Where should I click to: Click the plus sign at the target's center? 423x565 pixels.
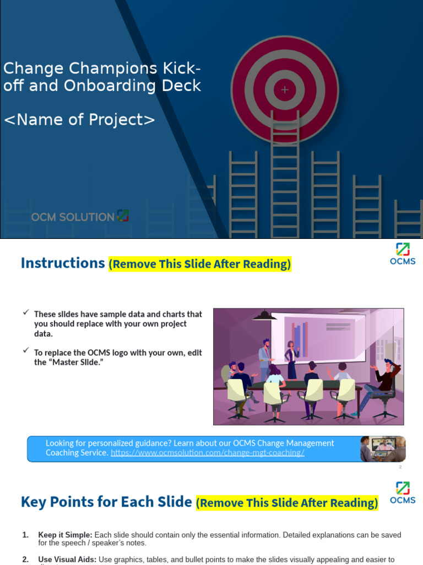pos(284,89)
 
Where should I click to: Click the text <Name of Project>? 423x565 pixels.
pos(79,119)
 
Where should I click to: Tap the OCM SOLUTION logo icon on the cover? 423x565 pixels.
pos(123,216)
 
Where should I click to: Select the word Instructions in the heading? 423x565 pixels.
pos(62,263)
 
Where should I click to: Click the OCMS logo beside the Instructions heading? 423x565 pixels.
pos(403,254)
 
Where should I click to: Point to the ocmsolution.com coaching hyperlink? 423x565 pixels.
pos(207,452)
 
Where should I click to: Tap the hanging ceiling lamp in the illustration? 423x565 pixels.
pos(264,315)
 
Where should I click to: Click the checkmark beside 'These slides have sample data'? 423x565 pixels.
pos(25,313)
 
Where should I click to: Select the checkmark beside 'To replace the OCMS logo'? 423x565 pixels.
pos(25,350)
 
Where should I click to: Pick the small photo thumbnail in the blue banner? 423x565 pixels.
pos(383,449)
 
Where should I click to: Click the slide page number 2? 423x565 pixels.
pos(400,467)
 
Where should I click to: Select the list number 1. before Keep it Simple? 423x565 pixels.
pos(25,535)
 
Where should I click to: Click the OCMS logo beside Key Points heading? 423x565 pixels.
pos(403,492)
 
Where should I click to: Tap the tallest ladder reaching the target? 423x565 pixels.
pos(285,177)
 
